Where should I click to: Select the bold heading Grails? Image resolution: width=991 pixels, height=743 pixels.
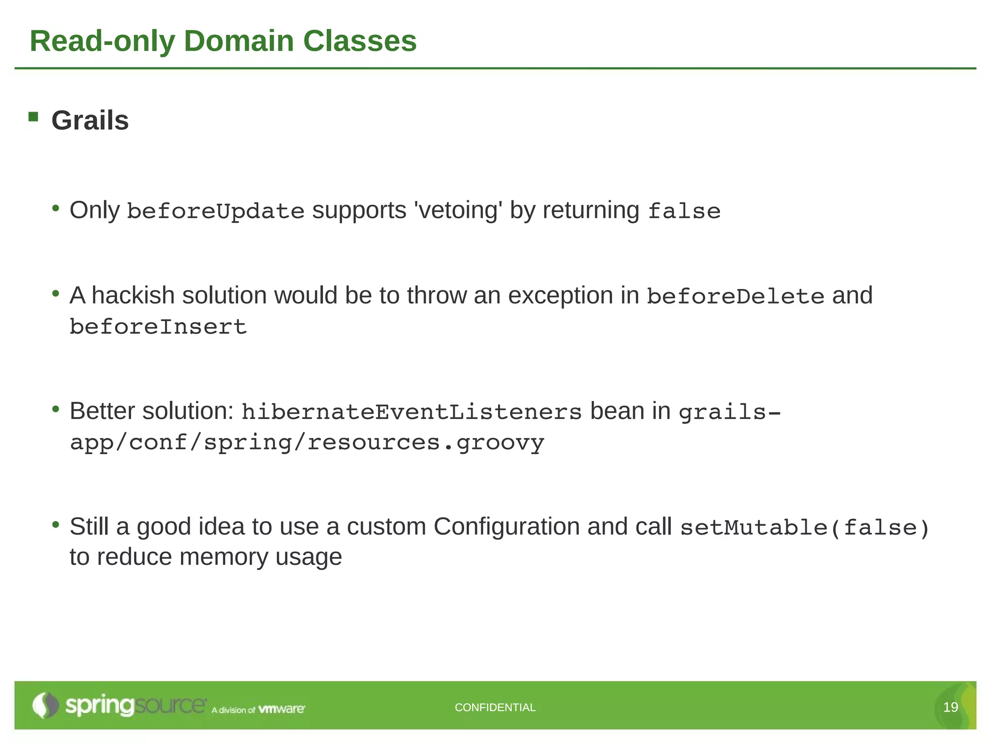point(90,120)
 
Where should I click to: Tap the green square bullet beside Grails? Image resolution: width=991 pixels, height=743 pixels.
point(33,117)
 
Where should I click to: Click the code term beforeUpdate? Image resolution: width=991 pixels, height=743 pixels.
point(215,211)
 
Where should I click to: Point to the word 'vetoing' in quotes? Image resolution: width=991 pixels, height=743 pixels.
point(458,210)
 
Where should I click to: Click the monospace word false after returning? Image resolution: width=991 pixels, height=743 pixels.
point(684,211)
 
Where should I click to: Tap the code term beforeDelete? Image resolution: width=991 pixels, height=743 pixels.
point(736,297)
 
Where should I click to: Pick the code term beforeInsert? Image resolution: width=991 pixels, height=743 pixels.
point(158,327)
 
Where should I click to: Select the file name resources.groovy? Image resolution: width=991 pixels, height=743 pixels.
point(426,443)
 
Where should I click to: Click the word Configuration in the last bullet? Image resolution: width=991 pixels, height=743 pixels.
point(507,527)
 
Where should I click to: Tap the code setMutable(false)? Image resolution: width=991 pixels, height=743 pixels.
point(805,528)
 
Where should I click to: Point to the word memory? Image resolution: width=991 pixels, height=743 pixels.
point(224,557)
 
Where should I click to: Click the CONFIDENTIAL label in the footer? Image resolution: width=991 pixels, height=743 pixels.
point(495,707)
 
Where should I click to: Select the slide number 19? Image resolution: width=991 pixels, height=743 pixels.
point(950,707)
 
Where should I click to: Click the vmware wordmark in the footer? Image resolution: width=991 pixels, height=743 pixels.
point(282,709)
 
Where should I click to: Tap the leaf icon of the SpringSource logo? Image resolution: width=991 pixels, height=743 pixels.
point(45,705)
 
